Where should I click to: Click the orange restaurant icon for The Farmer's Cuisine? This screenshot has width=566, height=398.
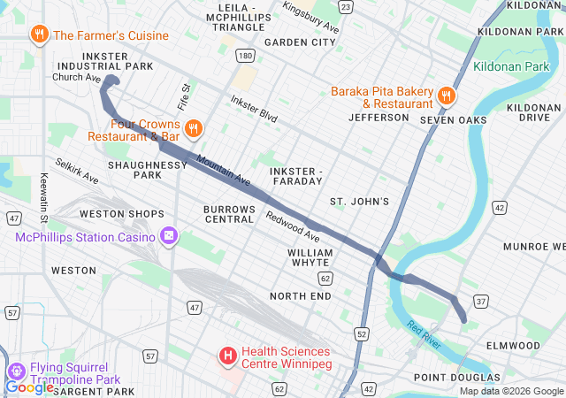point(39,35)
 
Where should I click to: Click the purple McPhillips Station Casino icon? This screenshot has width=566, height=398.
point(169,236)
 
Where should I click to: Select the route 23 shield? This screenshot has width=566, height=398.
point(345,7)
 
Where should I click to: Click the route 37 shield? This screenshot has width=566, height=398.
point(481,302)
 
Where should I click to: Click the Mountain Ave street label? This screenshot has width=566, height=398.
point(224,171)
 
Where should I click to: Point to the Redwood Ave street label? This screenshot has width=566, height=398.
point(293,227)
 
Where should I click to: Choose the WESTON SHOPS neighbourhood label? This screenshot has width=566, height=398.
point(122,214)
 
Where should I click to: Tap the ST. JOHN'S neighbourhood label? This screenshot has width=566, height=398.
point(359,202)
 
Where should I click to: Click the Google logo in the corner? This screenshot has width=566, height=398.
point(29,387)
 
